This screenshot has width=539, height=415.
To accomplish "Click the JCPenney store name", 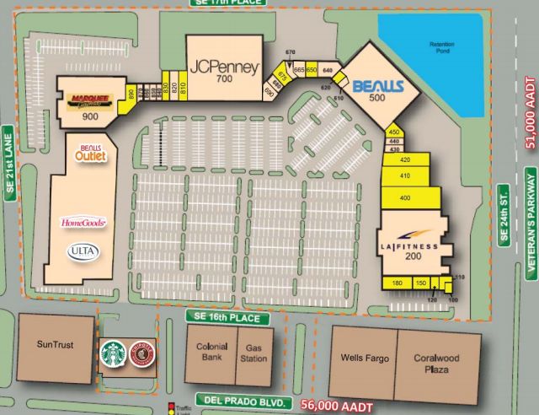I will click(223, 67).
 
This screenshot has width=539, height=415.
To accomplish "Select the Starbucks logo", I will click(112, 353).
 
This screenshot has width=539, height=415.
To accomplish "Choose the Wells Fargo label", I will click(365, 358).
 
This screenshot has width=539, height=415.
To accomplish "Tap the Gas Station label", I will click(254, 353).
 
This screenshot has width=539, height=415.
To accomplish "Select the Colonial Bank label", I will click(212, 352).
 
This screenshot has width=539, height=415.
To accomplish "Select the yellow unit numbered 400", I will click(406, 197).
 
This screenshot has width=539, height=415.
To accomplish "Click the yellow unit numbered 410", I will click(404, 176).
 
